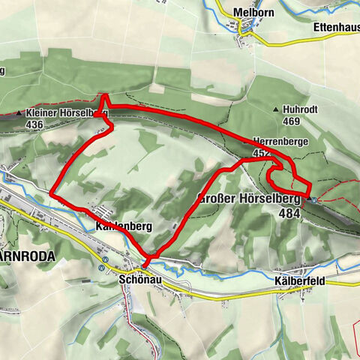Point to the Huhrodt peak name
point(302,109)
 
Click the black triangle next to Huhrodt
point(278,109)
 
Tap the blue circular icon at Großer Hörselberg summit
point(314,200)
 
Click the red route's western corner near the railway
point(51,193)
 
